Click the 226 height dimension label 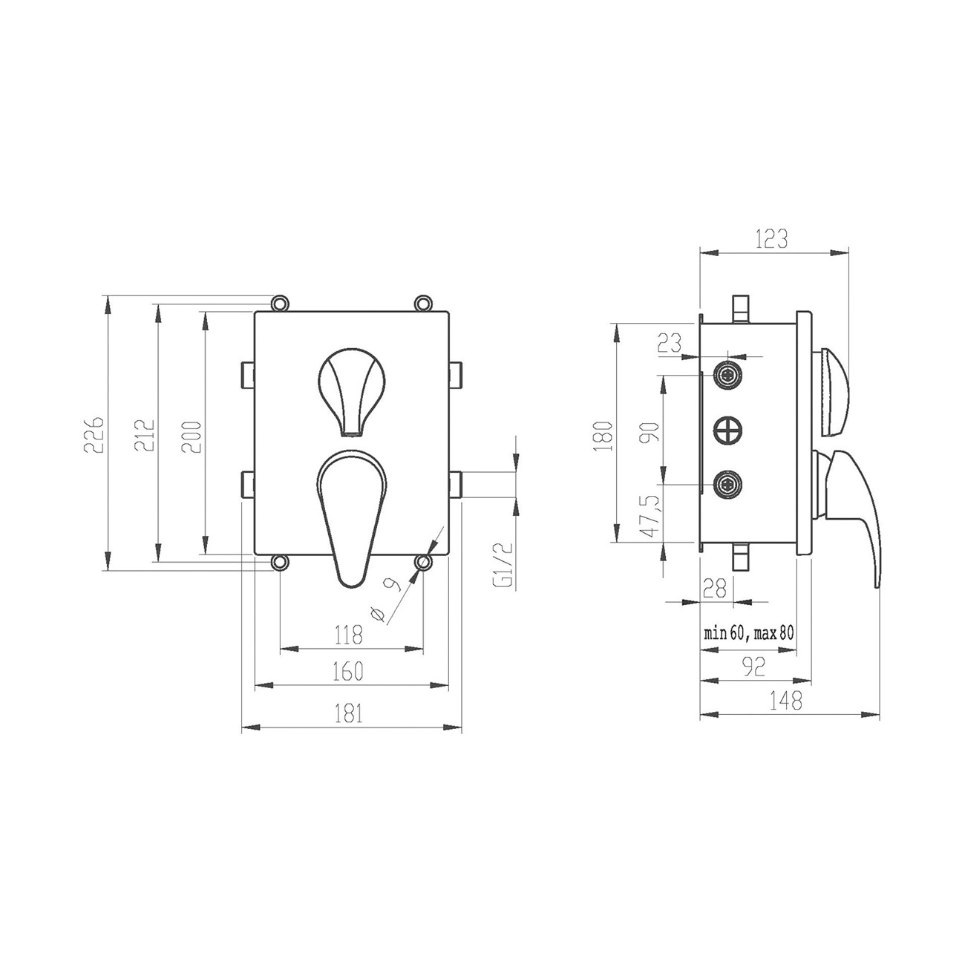(x=94, y=434)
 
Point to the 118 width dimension (x=349, y=635)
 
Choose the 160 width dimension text (x=348, y=671)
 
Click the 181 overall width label (x=349, y=713)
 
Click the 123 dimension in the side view (x=772, y=239)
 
